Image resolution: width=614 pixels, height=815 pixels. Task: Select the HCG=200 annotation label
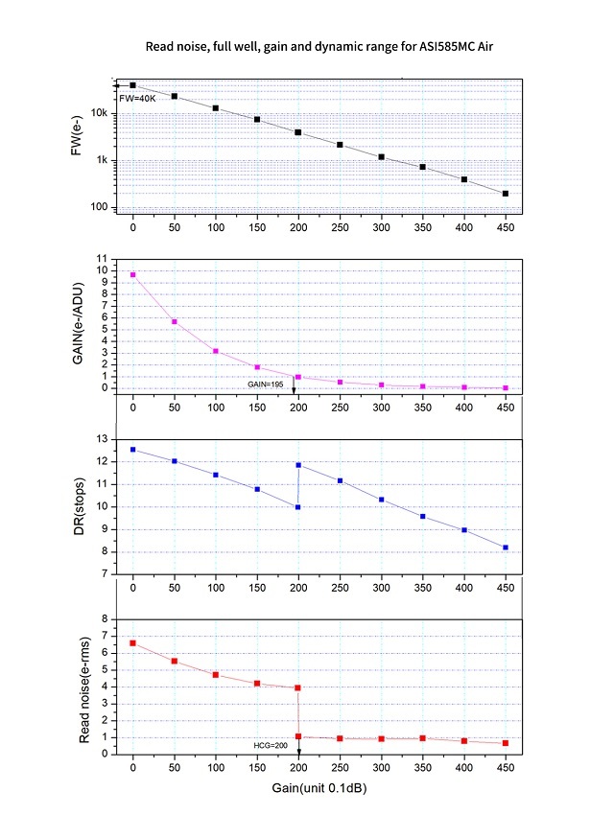[274, 746]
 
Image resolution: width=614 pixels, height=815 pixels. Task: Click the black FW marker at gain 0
[133, 85]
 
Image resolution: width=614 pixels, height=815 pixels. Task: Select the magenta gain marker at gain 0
[133, 274]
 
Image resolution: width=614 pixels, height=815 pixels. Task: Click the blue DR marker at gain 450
[506, 547]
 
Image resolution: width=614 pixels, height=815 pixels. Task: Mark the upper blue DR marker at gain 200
[299, 465]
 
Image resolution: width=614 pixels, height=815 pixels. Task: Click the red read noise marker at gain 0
[133, 642]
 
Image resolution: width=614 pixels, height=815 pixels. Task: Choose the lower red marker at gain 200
[299, 736]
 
